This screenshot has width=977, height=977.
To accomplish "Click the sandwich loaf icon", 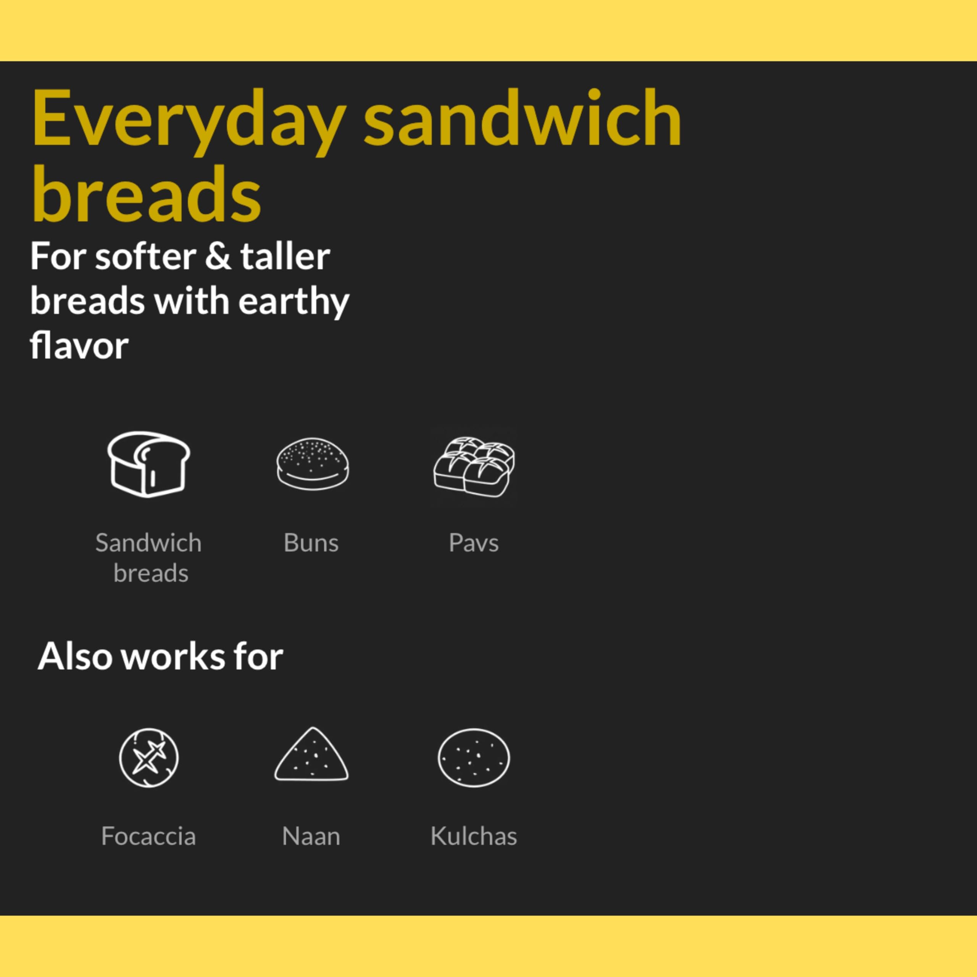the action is click(x=149, y=464).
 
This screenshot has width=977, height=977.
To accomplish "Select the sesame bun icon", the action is click(x=313, y=464).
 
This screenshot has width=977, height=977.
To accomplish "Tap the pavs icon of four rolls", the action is click(x=474, y=466).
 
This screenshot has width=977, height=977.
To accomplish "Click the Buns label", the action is click(x=311, y=543).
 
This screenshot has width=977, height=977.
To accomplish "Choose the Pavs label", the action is click(x=474, y=543).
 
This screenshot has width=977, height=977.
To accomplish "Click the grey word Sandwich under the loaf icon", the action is click(x=149, y=543).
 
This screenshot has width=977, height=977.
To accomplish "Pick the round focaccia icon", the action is click(x=149, y=758).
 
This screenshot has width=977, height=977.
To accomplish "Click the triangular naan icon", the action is click(x=311, y=755).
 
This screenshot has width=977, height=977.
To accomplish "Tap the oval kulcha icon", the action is click(x=474, y=758).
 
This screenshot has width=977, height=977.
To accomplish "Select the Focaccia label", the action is click(x=149, y=836).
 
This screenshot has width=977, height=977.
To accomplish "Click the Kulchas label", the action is click(x=474, y=836).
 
